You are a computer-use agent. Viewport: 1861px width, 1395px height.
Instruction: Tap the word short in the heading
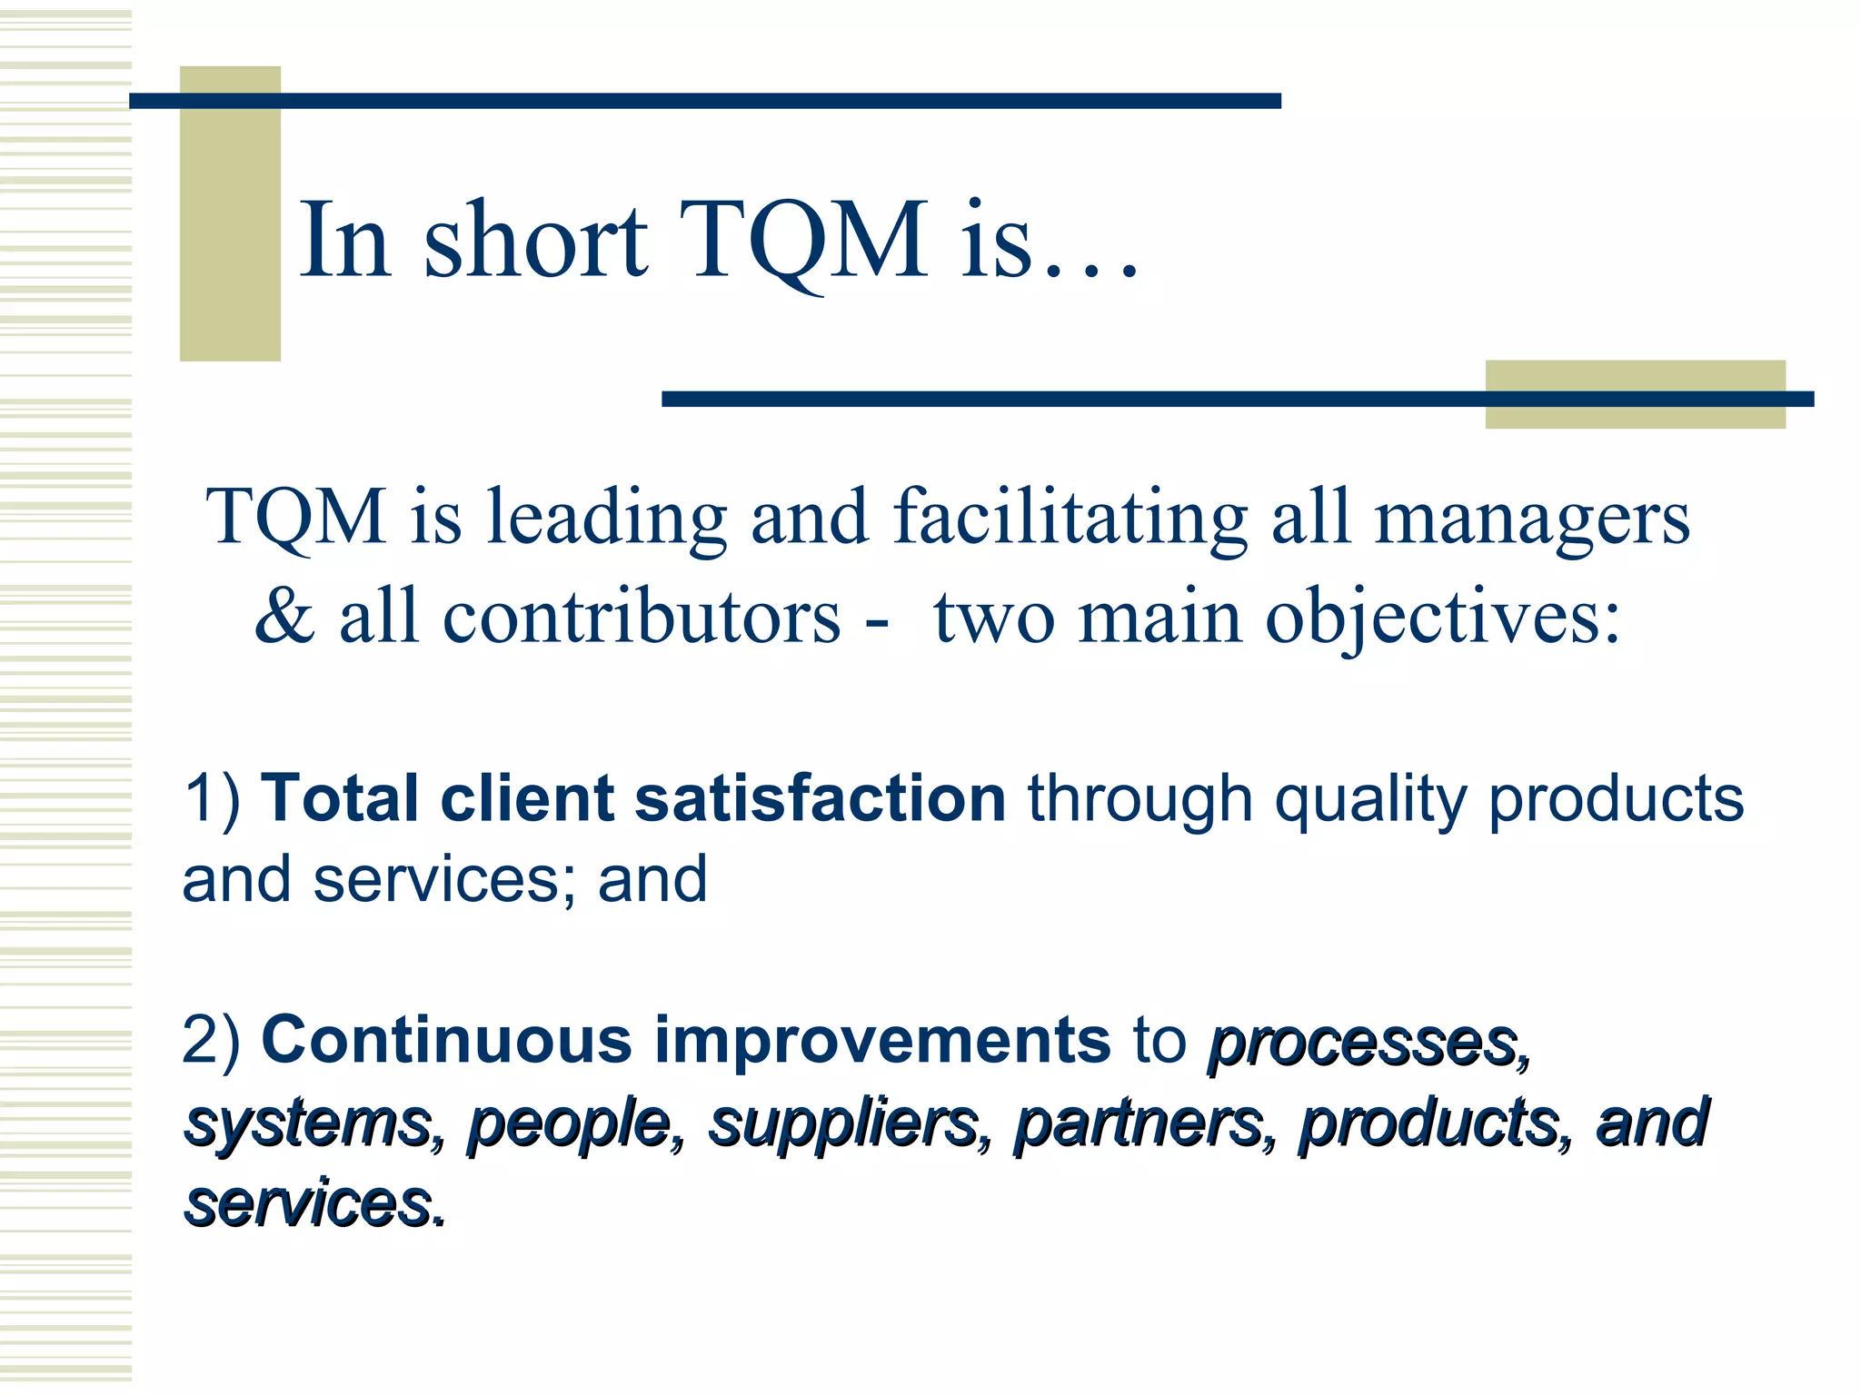pyautogui.click(x=535, y=241)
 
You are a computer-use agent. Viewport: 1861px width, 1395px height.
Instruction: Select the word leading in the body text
pyautogui.click(x=606, y=518)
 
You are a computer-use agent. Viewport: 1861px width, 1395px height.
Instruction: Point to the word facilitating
pyautogui.click(x=1070, y=518)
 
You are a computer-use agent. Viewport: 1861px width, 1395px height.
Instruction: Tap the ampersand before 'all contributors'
pyautogui.click(x=284, y=617)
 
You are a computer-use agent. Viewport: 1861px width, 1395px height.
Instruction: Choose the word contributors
pyautogui.click(x=642, y=617)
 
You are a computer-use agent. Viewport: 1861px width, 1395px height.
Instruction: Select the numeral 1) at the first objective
pyautogui.click(x=213, y=799)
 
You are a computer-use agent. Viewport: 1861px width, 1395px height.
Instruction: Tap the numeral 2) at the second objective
pyautogui.click(x=212, y=1040)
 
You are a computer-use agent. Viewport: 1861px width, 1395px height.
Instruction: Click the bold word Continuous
pyautogui.click(x=446, y=1040)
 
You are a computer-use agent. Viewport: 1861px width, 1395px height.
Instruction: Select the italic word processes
pyautogui.click(x=1367, y=1044)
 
